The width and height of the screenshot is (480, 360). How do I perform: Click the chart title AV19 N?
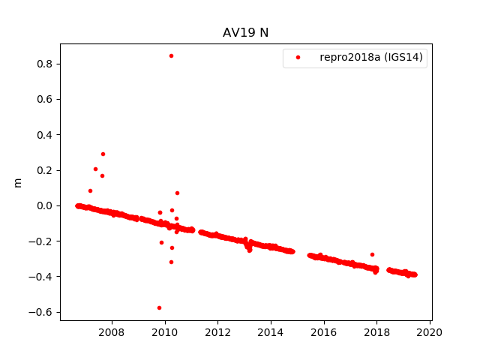[245, 32]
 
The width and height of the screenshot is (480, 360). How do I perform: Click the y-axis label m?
[18, 182]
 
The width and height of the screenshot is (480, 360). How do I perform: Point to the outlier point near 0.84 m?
[171, 55]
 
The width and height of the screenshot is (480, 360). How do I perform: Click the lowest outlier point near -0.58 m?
[159, 307]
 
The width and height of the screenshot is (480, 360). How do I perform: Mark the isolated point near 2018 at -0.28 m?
[372, 254]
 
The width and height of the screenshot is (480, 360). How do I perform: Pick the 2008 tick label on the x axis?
[112, 333]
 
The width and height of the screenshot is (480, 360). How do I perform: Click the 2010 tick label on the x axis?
[164, 333]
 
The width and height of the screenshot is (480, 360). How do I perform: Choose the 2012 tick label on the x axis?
[217, 333]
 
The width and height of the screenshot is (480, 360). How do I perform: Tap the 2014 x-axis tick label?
[271, 333]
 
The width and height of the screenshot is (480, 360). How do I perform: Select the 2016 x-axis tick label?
[324, 333]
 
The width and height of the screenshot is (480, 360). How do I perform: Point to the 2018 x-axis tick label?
[376, 333]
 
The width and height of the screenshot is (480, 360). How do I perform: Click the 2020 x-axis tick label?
[430, 333]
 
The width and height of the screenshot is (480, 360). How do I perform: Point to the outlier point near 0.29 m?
[103, 154]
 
